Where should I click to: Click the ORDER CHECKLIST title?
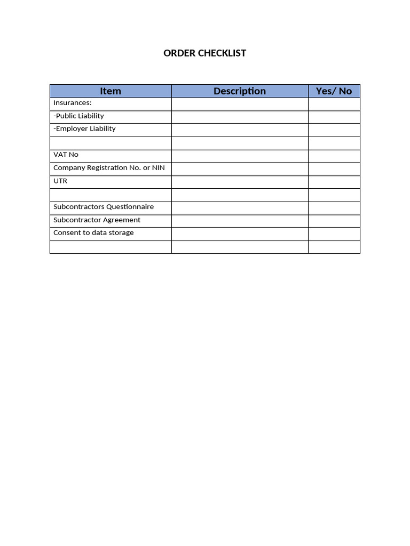[204, 53]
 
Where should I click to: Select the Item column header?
[111, 91]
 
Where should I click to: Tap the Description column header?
[240, 91]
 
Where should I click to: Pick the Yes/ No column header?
[334, 91]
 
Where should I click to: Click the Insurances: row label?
[73, 103]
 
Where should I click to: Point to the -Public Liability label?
[79, 116]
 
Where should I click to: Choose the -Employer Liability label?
[84, 129]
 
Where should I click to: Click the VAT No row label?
[66, 155]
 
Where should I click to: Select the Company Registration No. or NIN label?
[109, 167]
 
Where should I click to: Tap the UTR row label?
[60, 181]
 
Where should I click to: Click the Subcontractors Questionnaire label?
[104, 207]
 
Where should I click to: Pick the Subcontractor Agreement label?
[97, 220]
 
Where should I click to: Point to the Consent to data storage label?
[93, 232]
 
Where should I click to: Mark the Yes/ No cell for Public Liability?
[334, 117]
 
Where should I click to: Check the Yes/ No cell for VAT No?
[334, 156]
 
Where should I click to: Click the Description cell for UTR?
[240, 182]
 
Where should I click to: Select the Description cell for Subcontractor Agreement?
[240, 221]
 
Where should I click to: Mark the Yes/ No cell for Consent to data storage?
[334, 234]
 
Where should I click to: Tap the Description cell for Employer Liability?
[240, 130]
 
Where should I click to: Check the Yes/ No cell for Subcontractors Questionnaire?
[334, 208]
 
